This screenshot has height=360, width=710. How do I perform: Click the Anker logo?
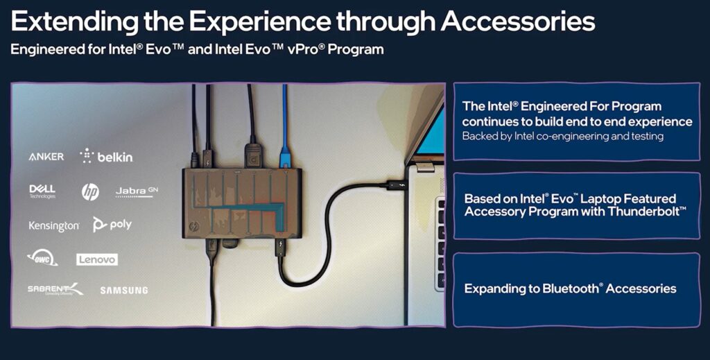click(46, 157)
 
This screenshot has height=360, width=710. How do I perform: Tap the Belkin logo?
click(106, 156)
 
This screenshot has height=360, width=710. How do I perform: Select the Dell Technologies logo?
click(42, 191)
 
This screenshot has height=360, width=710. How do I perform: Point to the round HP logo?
click(90, 192)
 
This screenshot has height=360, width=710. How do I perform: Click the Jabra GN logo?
click(137, 191)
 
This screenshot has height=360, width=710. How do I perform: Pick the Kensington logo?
click(54, 226)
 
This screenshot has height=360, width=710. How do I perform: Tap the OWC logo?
click(42, 258)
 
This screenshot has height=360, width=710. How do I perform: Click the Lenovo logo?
click(97, 259)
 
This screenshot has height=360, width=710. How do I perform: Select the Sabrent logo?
click(55, 289)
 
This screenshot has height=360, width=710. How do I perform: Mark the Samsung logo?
click(124, 290)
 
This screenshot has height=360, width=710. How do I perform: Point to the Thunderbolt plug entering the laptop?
click(397, 185)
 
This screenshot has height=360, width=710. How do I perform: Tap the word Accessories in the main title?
click(518, 22)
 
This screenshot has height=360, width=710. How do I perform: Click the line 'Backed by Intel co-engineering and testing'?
click(563, 136)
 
